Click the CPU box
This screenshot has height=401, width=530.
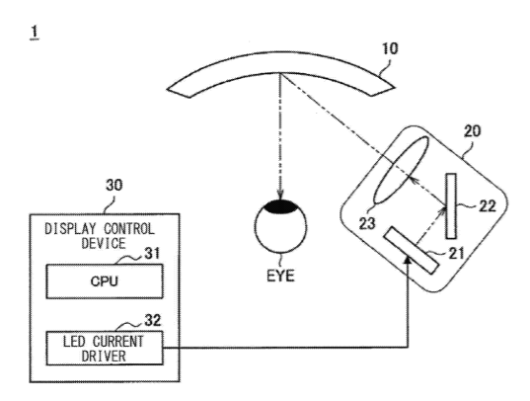click(x=105, y=281)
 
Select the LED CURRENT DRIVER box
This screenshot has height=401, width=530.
click(x=105, y=348)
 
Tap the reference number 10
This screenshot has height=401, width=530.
click(x=390, y=48)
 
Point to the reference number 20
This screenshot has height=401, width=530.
click(x=472, y=131)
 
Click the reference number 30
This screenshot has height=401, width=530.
click(x=114, y=185)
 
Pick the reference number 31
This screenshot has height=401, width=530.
click(x=152, y=254)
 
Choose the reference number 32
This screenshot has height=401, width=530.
click(x=153, y=320)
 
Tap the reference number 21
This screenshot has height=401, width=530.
click(x=456, y=253)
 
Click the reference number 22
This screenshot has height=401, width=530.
click(x=488, y=206)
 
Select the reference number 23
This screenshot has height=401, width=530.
click(x=367, y=223)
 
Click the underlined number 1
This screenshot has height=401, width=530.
click(x=35, y=33)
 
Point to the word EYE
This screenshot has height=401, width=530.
click(x=280, y=276)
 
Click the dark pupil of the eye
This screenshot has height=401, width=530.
click(x=280, y=206)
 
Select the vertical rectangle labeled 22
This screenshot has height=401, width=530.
click(x=451, y=206)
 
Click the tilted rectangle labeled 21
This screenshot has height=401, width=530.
click(x=411, y=250)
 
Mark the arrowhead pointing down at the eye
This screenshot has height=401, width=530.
click(x=280, y=194)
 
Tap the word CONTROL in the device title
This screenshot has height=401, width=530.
click(x=129, y=229)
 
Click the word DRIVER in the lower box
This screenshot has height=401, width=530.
click(x=104, y=356)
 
